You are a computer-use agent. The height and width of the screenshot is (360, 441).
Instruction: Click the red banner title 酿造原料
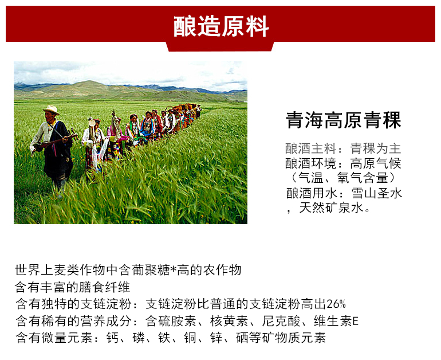click(220, 26)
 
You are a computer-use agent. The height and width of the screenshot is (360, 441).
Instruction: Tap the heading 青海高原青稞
click(344, 120)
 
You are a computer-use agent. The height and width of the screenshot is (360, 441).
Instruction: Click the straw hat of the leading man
click(51, 109)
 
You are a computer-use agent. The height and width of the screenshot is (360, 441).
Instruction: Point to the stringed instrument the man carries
click(56, 141)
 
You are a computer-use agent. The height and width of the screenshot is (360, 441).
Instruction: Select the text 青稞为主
click(376, 148)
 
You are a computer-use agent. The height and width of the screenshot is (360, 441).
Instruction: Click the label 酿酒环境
click(310, 163)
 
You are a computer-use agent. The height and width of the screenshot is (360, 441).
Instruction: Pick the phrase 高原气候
click(376, 163)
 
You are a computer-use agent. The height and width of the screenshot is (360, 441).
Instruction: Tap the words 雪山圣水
click(377, 193)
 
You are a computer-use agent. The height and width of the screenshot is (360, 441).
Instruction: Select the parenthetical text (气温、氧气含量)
click(344, 178)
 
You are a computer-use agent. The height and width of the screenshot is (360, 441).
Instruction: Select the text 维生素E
click(336, 321)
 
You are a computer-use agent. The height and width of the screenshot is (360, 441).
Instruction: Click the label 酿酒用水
click(312, 193)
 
